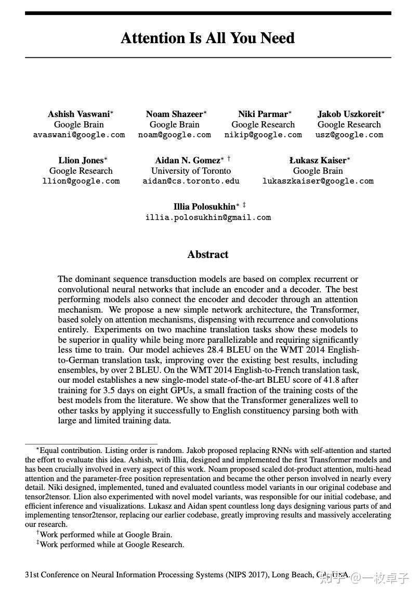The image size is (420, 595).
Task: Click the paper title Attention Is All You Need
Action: pyautogui.click(x=208, y=38)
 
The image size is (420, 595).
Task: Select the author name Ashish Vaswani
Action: pyautogui.click(x=78, y=114)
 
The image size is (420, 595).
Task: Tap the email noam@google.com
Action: pyautogui.click(x=175, y=135)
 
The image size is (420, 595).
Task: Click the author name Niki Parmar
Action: pyautogui.click(x=262, y=114)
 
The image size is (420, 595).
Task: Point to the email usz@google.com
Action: pyautogui.click(x=349, y=135)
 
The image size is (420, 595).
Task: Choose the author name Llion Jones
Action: pyautogui.click(x=81, y=160)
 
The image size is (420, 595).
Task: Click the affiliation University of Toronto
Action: pyautogui.click(x=191, y=171)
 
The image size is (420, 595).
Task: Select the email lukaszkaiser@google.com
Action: pyautogui.click(x=318, y=181)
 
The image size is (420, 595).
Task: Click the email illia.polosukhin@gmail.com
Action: pyautogui.click(x=208, y=217)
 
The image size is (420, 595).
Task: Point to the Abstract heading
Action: pyautogui.click(x=208, y=254)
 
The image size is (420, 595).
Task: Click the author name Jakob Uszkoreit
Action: pyautogui.click(x=349, y=114)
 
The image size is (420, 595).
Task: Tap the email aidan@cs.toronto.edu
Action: pyautogui.click(x=191, y=181)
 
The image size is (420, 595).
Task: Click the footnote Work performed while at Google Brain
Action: pyautogui.click(x=106, y=534)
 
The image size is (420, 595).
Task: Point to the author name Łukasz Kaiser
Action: pyautogui.click(x=318, y=160)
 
